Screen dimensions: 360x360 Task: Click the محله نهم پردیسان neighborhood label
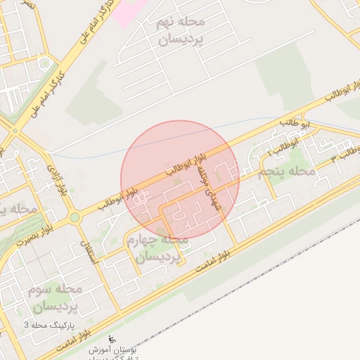coord(179,32)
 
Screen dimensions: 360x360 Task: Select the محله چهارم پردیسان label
coord(157,248)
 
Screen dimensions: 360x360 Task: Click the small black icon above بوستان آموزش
coord(115,338)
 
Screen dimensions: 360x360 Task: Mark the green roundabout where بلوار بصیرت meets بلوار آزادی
coord(74,217)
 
